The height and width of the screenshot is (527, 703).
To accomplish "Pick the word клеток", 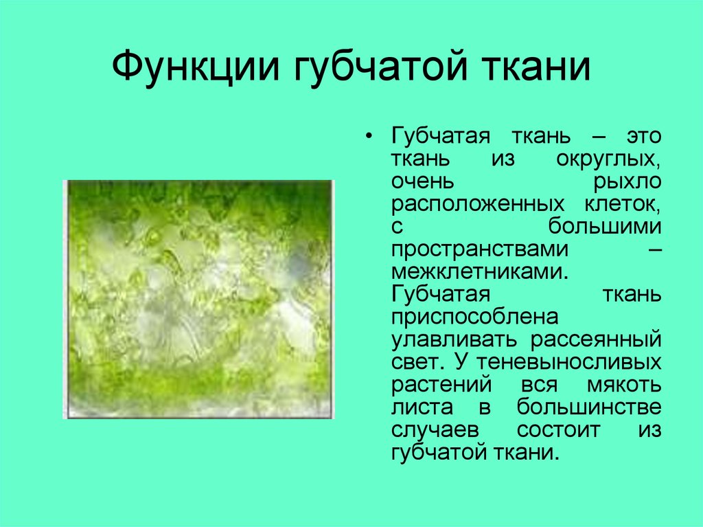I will [x=623, y=204].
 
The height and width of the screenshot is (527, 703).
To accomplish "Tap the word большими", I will [x=604, y=227].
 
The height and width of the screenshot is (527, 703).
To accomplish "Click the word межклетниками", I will [x=480, y=272].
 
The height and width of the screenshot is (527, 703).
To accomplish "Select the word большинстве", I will [x=589, y=408].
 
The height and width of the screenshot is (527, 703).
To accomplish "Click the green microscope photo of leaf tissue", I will [x=198, y=299].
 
